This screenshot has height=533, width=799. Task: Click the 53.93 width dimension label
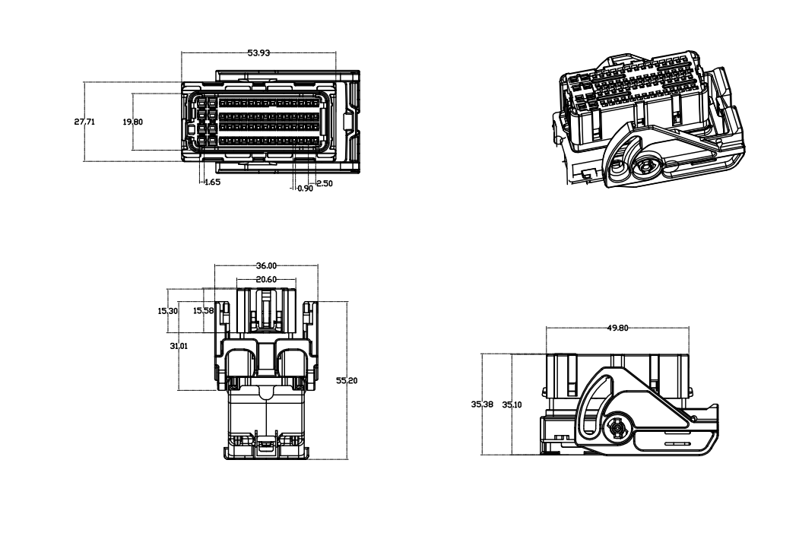click(x=258, y=52)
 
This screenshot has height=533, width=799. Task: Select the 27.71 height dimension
click(x=84, y=122)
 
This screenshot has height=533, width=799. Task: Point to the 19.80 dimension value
click(x=132, y=122)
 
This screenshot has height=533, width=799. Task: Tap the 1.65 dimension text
click(x=212, y=182)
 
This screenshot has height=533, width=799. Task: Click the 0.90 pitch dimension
click(x=305, y=188)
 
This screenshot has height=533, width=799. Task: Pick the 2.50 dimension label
click(x=324, y=183)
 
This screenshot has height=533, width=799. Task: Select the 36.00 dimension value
click(x=266, y=265)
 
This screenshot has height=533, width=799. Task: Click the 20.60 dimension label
click(x=266, y=279)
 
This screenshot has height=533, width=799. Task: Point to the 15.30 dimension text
click(x=168, y=311)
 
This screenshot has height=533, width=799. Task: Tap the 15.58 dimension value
click(x=203, y=310)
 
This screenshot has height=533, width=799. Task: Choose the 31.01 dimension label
click(x=179, y=346)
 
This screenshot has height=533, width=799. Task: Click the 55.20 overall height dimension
click(x=347, y=380)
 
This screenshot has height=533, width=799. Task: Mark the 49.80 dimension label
click(x=617, y=328)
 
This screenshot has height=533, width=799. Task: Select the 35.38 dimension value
click(x=481, y=404)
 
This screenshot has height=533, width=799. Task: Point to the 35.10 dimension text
click(x=512, y=405)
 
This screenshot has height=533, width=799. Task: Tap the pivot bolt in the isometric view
click(x=647, y=167)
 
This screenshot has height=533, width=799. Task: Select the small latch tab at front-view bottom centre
click(x=265, y=445)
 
